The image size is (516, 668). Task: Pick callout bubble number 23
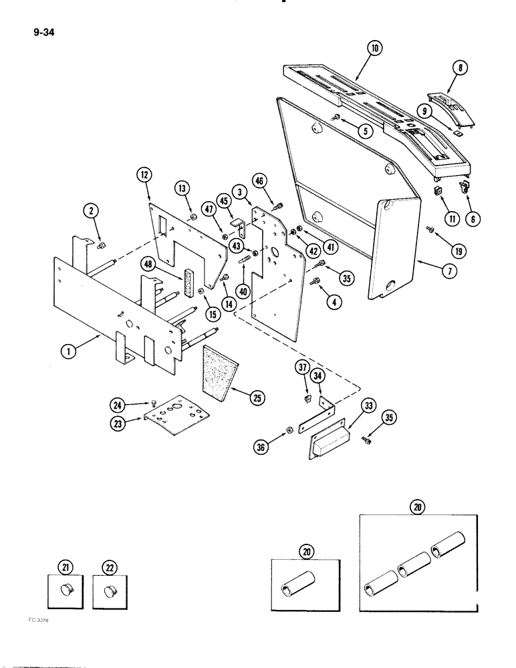click(117, 421)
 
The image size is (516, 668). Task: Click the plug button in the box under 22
click(108, 590)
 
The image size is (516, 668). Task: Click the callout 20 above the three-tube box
click(418, 506)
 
